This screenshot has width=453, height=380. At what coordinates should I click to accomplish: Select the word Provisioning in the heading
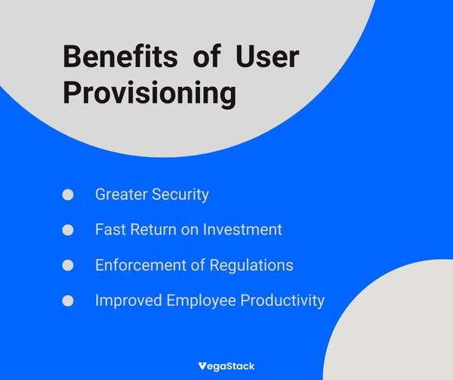[x=149, y=94]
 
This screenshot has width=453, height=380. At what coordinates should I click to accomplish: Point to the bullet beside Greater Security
[x=68, y=195]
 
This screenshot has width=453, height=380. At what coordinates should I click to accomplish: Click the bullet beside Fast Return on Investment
[x=68, y=230]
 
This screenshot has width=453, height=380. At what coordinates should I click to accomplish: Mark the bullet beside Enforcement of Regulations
[x=68, y=265]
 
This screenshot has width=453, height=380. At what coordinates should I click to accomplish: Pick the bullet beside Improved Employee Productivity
[x=68, y=301]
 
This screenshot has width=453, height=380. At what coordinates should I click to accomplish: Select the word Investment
[x=243, y=230]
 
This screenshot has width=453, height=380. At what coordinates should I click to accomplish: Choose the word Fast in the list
[x=109, y=230]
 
